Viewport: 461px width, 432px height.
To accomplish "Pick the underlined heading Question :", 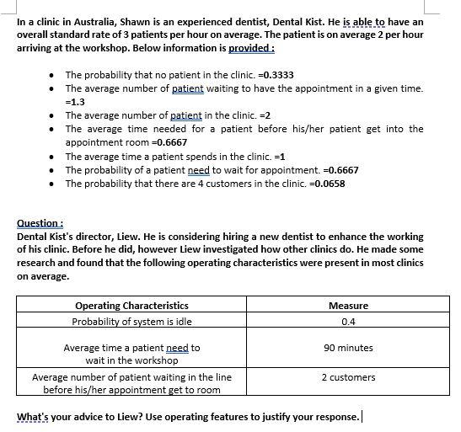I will [40, 223].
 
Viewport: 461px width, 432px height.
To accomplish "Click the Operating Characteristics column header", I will [131, 305].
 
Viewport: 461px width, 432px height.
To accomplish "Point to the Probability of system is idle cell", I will [131, 321].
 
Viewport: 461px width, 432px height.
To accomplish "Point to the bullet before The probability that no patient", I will [53, 74].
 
